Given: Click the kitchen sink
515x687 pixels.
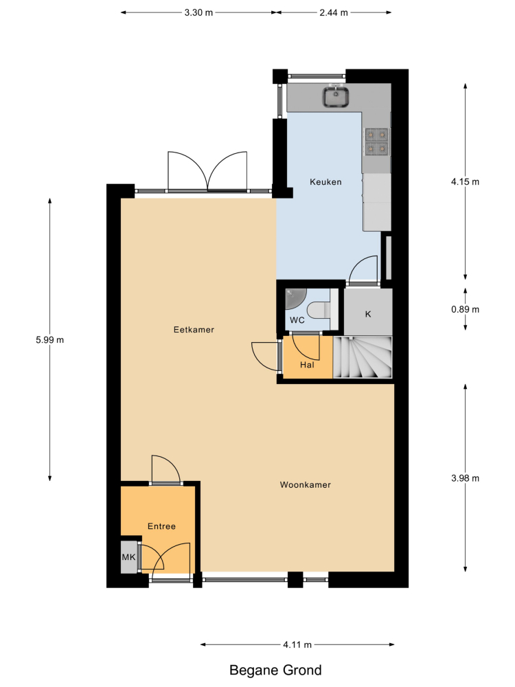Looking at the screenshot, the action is pyautogui.click(x=336, y=97).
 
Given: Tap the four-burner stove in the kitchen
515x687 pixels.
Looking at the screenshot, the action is pyautogui.click(x=376, y=142).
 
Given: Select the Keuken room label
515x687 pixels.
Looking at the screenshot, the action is pyautogui.click(x=325, y=182).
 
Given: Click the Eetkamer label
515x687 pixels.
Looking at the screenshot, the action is pyautogui.click(x=194, y=330).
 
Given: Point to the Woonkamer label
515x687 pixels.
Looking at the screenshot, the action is pyautogui.click(x=306, y=484).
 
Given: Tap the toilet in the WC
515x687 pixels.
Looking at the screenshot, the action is pyautogui.click(x=319, y=310).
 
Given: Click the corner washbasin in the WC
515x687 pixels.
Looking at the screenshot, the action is pyautogui.click(x=295, y=298).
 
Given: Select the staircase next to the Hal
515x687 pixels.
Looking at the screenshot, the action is pyautogui.click(x=363, y=357).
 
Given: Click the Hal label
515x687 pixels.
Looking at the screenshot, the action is pyautogui.click(x=307, y=365).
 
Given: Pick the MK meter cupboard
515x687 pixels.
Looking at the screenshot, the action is pyautogui.click(x=129, y=557).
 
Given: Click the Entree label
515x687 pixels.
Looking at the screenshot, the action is pyautogui.click(x=161, y=526).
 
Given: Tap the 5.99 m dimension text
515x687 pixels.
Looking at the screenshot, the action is pyautogui.click(x=50, y=339).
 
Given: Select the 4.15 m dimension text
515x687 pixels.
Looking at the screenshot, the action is pyautogui.click(x=465, y=181).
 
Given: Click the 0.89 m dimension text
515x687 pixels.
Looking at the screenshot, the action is pyautogui.click(x=465, y=309).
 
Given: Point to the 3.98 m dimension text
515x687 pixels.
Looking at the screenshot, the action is pyautogui.click(x=465, y=478).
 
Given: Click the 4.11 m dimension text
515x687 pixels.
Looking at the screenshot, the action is pyautogui.click(x=297, y=644).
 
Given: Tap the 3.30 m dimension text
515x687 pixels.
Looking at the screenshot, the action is pyautogui.click(x=198, y=12).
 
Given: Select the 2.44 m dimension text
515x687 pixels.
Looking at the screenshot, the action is pyautogui.click(x=334, y=12).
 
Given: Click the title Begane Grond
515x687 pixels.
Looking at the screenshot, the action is pyautogui.click(x=275, y=671).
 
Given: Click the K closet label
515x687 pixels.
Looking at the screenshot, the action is pyautogui.click(x=368, y=314).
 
